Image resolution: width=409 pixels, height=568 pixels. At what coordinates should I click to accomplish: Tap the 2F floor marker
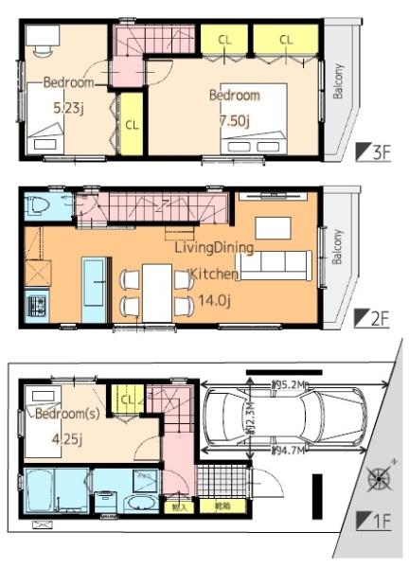[x=372, y=319]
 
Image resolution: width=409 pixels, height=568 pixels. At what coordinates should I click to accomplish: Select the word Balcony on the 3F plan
[x=338, y=81]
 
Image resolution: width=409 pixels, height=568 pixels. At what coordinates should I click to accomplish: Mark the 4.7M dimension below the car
[x=288, y=452]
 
